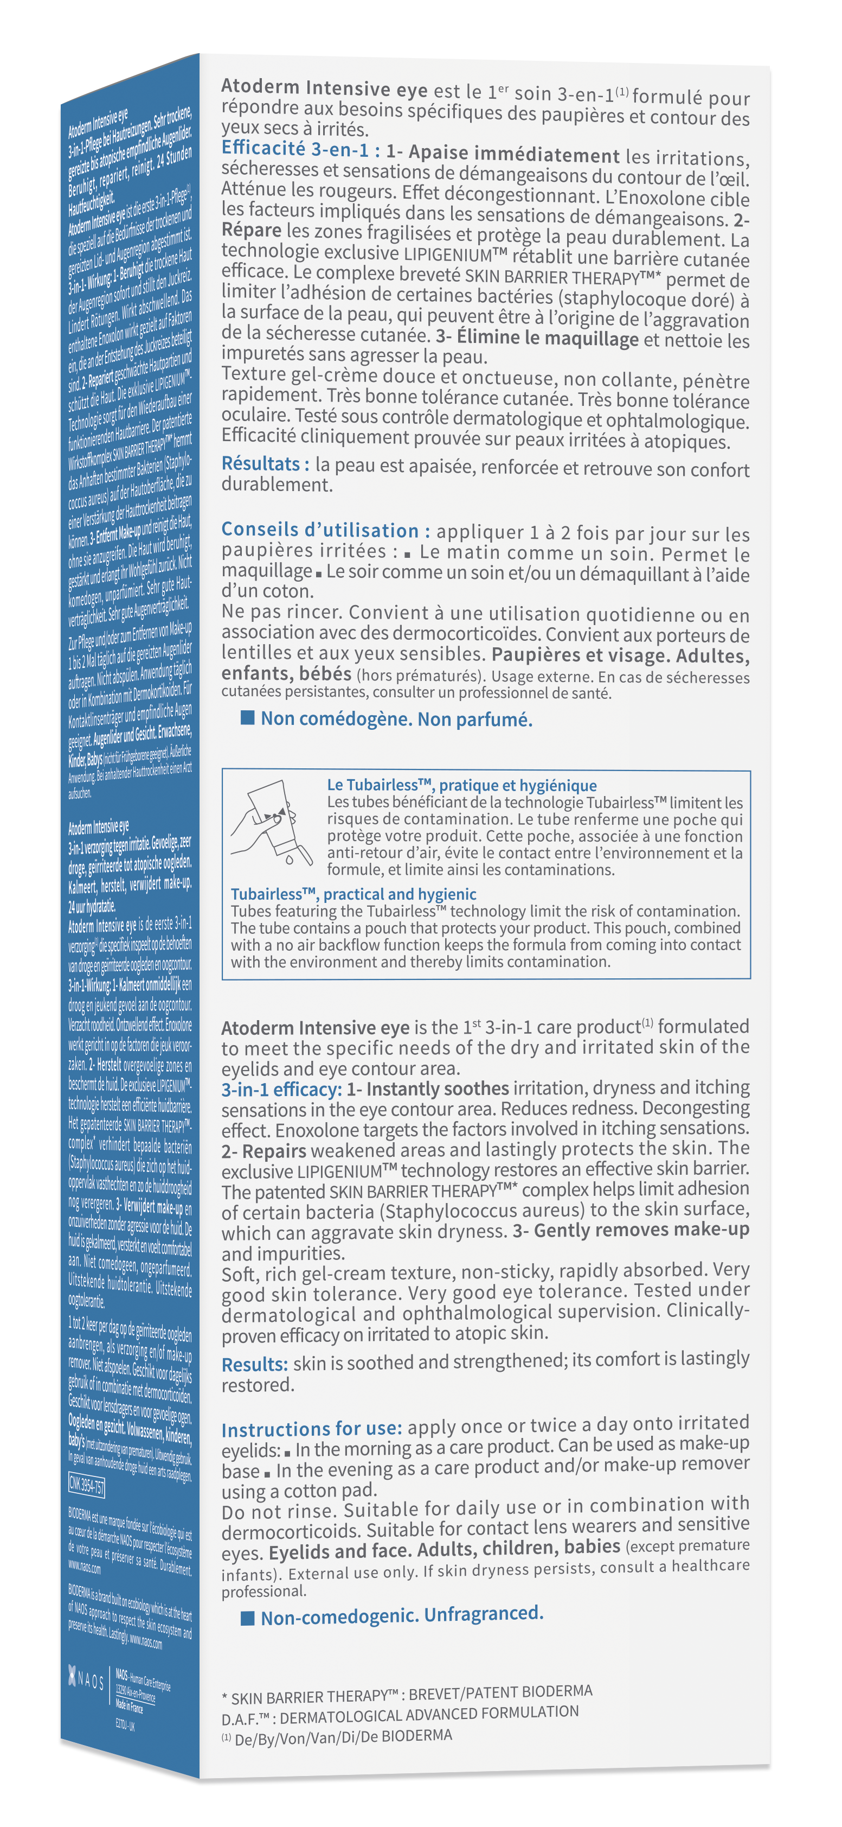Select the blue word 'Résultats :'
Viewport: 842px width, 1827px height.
[265, 464]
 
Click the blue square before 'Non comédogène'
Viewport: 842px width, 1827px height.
[247, 718]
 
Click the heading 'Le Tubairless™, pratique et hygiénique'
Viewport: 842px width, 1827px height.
[461, 785]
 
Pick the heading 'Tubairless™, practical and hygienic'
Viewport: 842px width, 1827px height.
[353, 894]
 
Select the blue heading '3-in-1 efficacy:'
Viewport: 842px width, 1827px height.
[281, 1090]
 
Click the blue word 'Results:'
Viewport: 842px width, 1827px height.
[254, 1364]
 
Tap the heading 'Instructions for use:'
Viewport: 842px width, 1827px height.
[312, 1429]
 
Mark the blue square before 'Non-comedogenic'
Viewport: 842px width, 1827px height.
[247, 1618]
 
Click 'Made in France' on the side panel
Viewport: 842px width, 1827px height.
[130, 1705]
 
